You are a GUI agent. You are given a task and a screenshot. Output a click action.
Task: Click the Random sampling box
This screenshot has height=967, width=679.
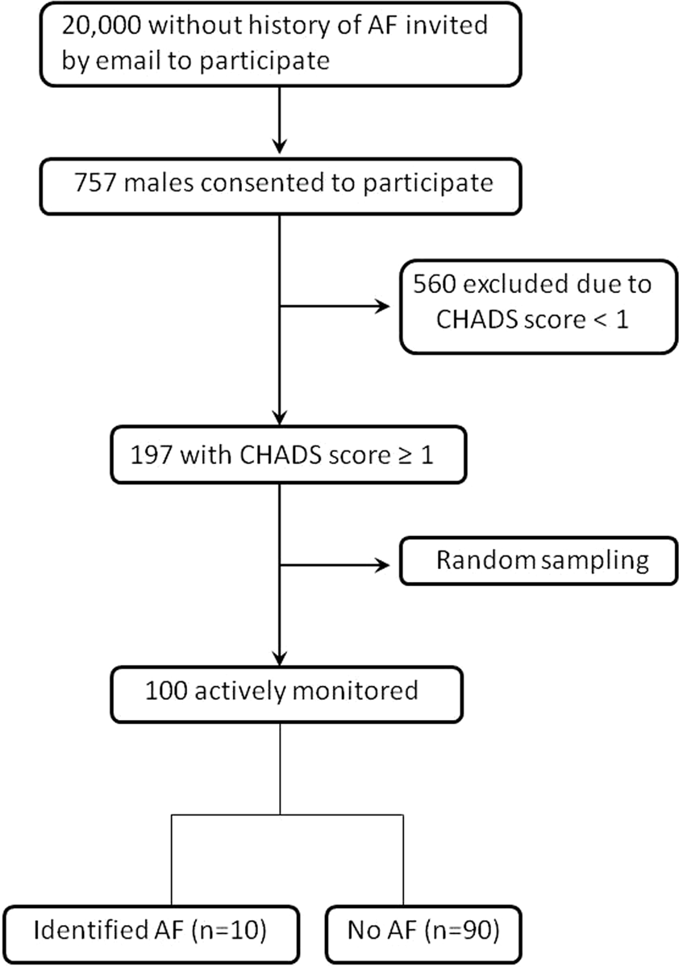536,561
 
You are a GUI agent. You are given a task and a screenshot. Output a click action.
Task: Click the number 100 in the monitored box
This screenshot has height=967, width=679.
169,691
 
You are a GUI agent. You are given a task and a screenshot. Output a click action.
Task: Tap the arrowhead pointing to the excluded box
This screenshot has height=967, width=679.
380,307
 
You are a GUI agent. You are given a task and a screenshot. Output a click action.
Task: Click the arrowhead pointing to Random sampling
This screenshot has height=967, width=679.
380,564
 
